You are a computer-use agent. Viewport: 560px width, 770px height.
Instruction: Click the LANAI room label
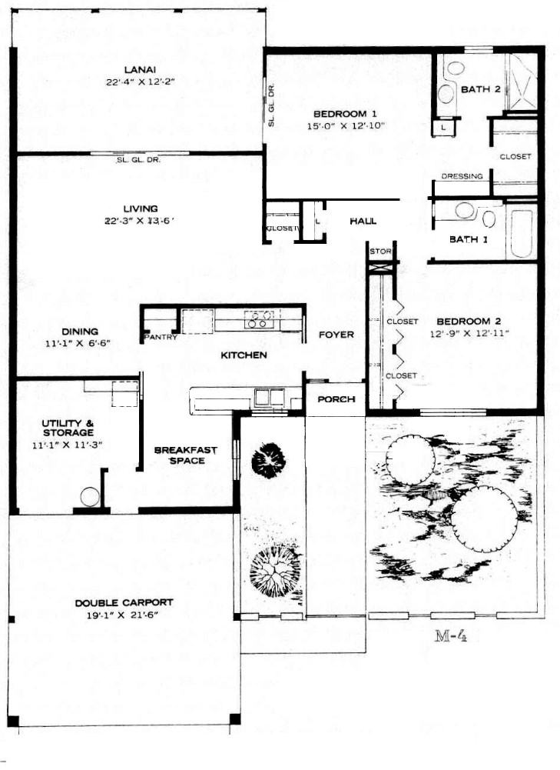point(141,70)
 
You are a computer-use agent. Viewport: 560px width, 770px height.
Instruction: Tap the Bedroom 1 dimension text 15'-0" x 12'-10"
point(346,126)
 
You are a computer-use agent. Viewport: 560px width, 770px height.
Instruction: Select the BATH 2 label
point(481,89)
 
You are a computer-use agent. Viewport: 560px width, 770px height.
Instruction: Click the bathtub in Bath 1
point(522,232)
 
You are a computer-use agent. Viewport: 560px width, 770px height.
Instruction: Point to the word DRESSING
point(462,176)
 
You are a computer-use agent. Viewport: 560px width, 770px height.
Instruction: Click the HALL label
point(363,222)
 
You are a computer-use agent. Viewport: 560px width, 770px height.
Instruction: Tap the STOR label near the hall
point(380,252)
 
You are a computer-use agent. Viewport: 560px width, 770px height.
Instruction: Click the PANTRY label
point(161,337)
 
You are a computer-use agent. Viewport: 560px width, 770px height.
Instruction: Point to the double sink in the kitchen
point(269,397)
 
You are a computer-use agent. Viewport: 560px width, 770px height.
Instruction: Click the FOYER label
point(336,335)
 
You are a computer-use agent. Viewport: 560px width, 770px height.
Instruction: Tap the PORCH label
point(336,399)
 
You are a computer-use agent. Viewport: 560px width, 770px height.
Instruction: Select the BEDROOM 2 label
point(469,322)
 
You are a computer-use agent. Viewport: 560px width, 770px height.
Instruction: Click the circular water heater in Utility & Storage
point(90,496)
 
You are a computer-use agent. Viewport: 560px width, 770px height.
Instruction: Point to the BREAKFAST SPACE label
point(186,455)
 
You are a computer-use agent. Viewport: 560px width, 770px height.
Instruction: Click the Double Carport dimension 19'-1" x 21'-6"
point(123,615)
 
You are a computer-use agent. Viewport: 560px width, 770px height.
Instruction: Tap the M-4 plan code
point(450,636)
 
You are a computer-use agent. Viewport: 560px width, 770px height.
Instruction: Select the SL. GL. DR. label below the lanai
point(139,160)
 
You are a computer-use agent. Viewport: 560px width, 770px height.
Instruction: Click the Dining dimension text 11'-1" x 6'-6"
point(78,344)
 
